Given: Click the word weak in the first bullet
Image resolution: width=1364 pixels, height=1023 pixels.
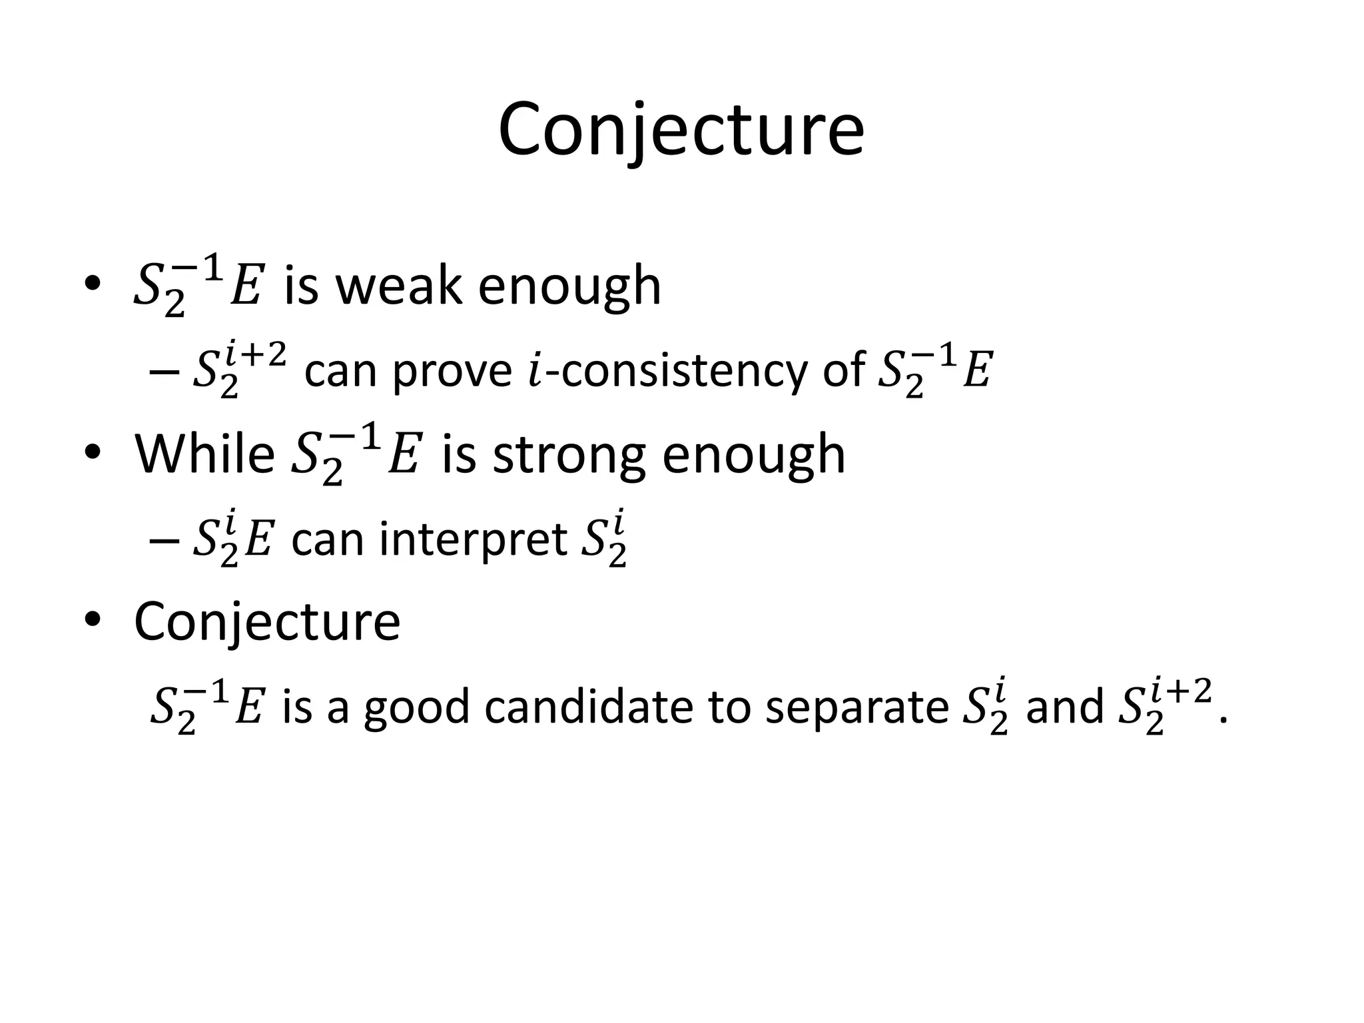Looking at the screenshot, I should pyautogui.click(x=398, y=286).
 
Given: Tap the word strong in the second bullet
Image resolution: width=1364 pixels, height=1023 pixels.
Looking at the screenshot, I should pyautogui.click(x=569, y=455).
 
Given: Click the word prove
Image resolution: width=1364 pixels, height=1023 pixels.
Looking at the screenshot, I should pyautogui.click(x=452, y=370).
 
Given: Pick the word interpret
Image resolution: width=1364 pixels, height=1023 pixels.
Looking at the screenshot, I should pyautogui.click(x=473, y=539).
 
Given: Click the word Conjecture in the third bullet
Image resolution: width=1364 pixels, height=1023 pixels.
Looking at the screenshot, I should pyautogui.click(x=267, y=621).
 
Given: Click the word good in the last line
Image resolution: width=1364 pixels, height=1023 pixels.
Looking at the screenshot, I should pyautogui.click(x=418, y=707).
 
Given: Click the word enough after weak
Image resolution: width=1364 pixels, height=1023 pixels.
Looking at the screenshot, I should pyautogui.click(x=569, y=286).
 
